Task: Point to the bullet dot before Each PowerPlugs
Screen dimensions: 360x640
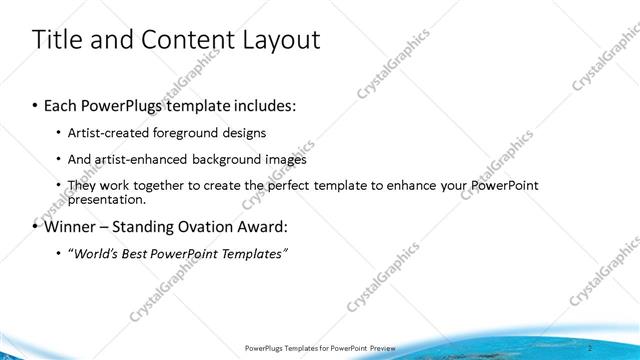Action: [36, 105]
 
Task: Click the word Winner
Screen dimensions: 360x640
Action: [69, 225]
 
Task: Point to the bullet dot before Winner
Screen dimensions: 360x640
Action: [36, 225]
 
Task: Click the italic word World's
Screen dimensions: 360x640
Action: [95, 253]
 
